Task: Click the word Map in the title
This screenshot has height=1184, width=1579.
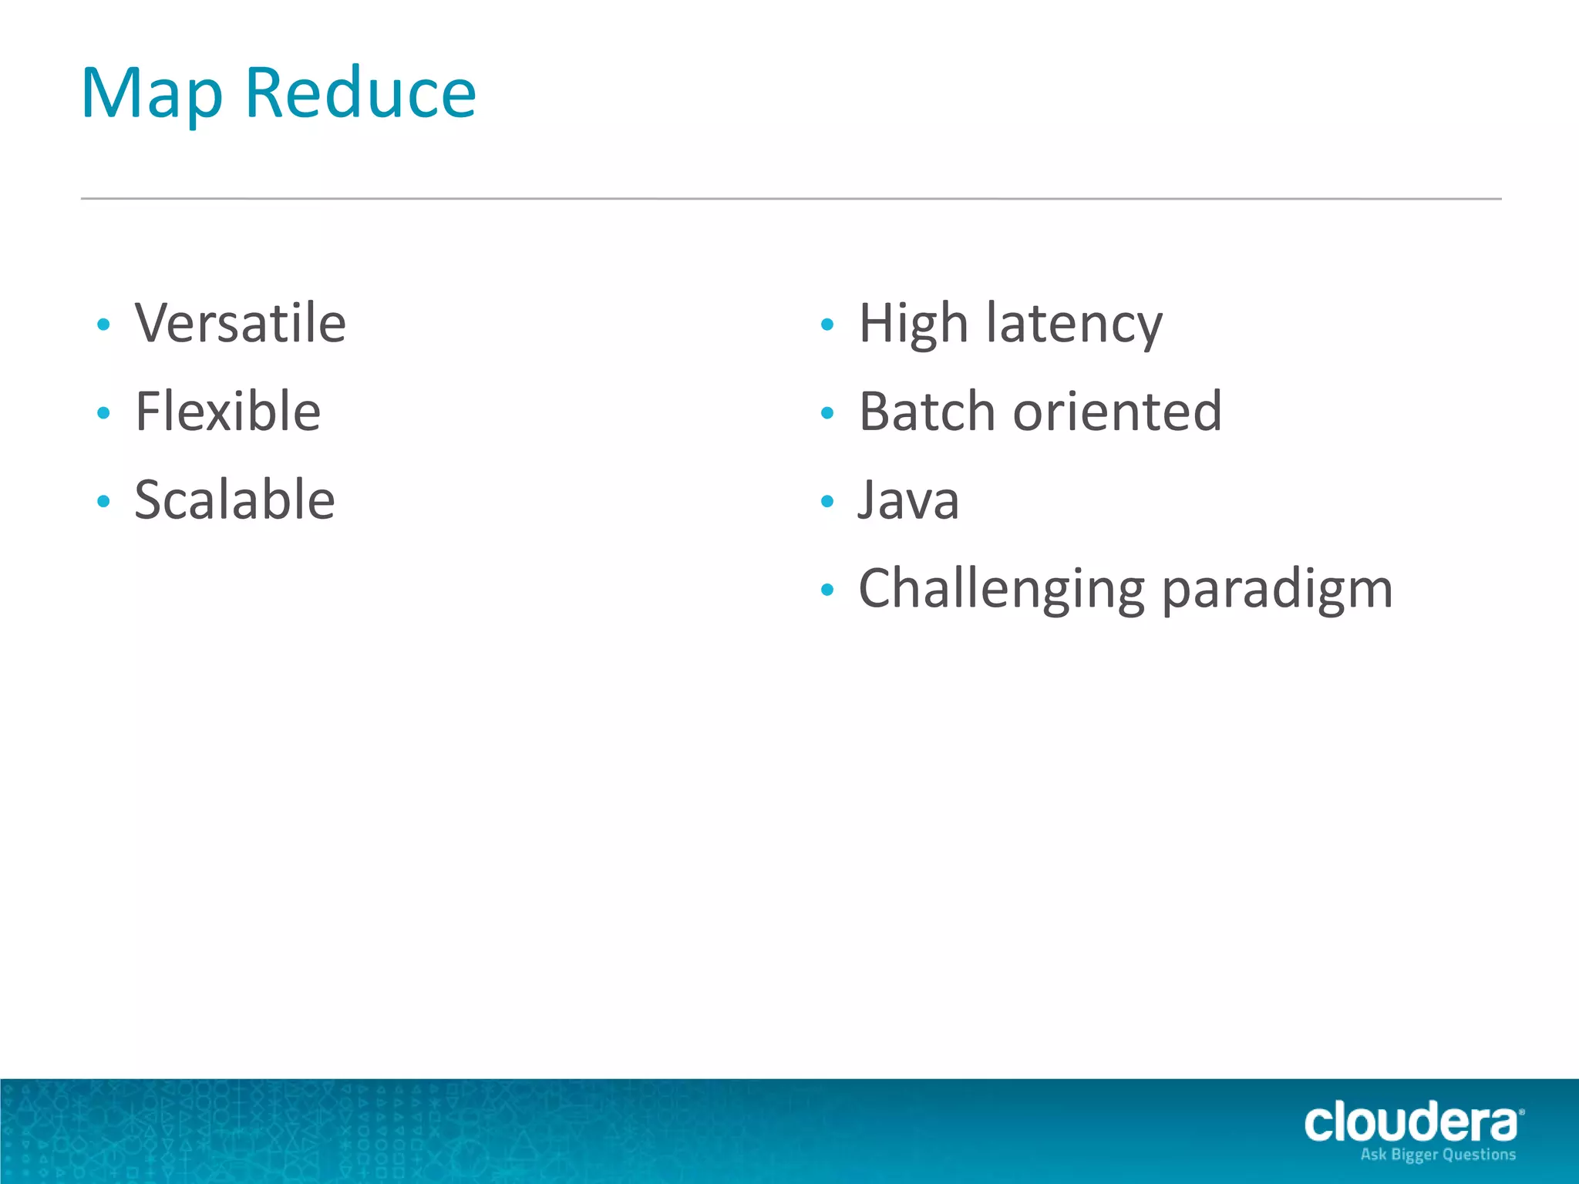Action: [x=152, y=94]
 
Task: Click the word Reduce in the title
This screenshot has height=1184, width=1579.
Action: [x=360, y=94]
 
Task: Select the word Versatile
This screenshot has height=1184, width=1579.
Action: [x=240, y=323]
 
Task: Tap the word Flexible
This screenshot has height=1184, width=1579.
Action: [x=227, y=412]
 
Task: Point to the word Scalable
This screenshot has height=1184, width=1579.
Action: [x=234, y=500]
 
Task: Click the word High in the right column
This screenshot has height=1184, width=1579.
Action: [x=913, y=323]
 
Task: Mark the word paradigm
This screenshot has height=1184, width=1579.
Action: [x=1277, y=590]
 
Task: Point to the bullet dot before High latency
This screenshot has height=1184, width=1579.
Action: [x=827, y=325]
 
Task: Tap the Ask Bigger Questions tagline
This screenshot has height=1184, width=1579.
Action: [x=1438, y=1155]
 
